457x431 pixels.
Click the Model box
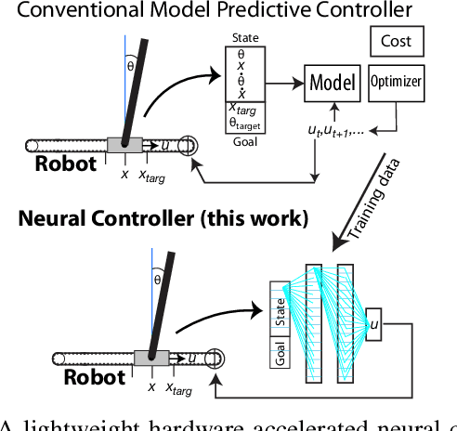click(332, 83)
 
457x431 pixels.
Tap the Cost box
click(397, 41)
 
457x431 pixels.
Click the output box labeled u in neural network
click(373, 322)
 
